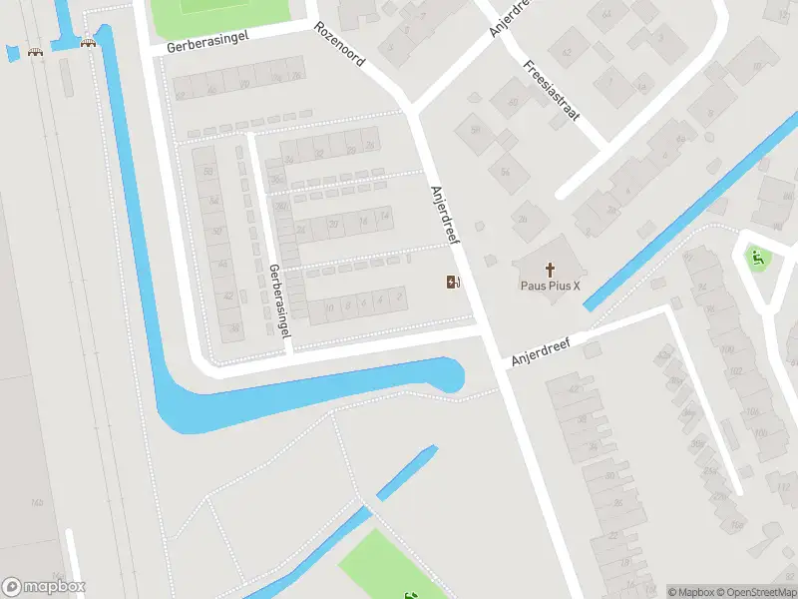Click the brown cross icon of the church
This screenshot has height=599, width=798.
pyautogui.click(x=551, y=268)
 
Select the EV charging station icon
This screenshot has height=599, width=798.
pyautogui.click(x=453, y=283)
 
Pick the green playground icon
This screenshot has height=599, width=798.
pyautogui.click(x=758, y=258)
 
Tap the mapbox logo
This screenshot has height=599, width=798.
pyautogui.click(x=44, y=587)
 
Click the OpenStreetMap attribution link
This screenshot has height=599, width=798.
pyautogui.click(x=755, y=592)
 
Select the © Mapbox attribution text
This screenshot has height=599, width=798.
pyautogui.click(x=690, y=592)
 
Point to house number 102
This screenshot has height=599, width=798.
pyautogui.click(x=738, y=371)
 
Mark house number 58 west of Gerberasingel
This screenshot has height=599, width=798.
pyautogui.click(x=207, y=172)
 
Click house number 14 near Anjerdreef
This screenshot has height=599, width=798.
pyautogui.click(x=384, y=218)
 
